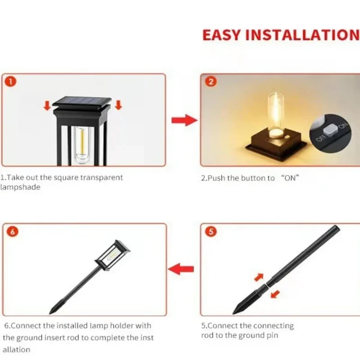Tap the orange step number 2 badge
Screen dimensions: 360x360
click(x=211, y=82)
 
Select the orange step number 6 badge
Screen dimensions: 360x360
click(x=13, y=232)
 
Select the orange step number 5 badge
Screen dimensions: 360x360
click(x=211, y=232)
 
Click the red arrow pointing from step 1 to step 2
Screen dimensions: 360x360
click(x=184, y=120)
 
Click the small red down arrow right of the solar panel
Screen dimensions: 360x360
click(x=118, y=105)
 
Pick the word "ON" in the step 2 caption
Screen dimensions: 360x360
click(x=290, y=178)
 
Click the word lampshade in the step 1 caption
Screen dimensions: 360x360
click(x=20, y=187)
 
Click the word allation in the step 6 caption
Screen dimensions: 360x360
click(x=17, y=349)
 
